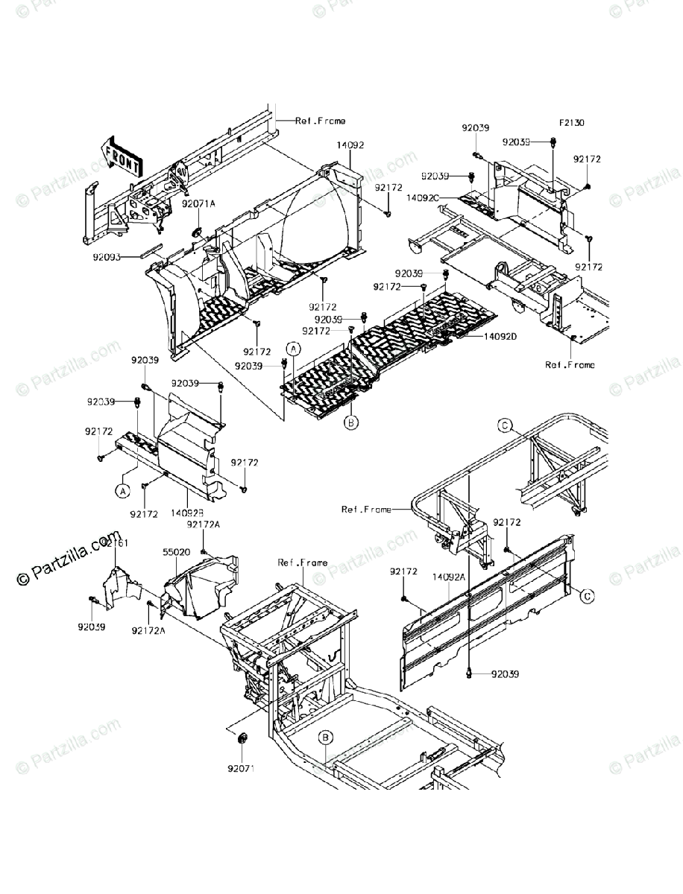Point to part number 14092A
coord(449,576)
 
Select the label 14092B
coord(186,513)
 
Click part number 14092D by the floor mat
coord(500,337)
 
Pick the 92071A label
coord(198,203)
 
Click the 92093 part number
coord(109,256)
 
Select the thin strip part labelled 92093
coord(148,248)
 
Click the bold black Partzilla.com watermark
coord(67,557)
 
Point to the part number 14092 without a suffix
coord(350,145)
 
